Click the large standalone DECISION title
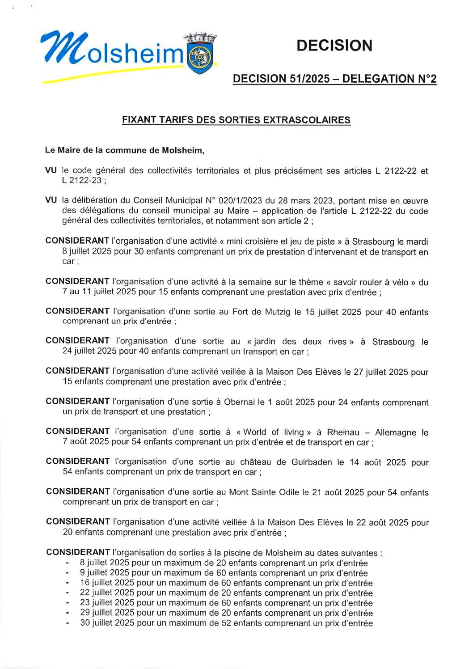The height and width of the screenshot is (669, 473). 334,46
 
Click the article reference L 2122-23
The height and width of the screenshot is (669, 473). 82,181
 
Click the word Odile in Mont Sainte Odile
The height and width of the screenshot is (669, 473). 288,492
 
